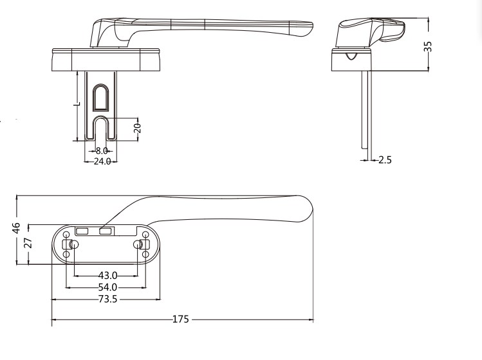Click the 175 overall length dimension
(181, 319)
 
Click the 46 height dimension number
(17, 228)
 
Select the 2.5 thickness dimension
(385, 159)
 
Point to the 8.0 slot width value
(102, 150)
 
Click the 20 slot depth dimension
(137, 127)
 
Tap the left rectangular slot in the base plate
(82, 230)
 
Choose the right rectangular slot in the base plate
(106, 230)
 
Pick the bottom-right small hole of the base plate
(146, 255)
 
